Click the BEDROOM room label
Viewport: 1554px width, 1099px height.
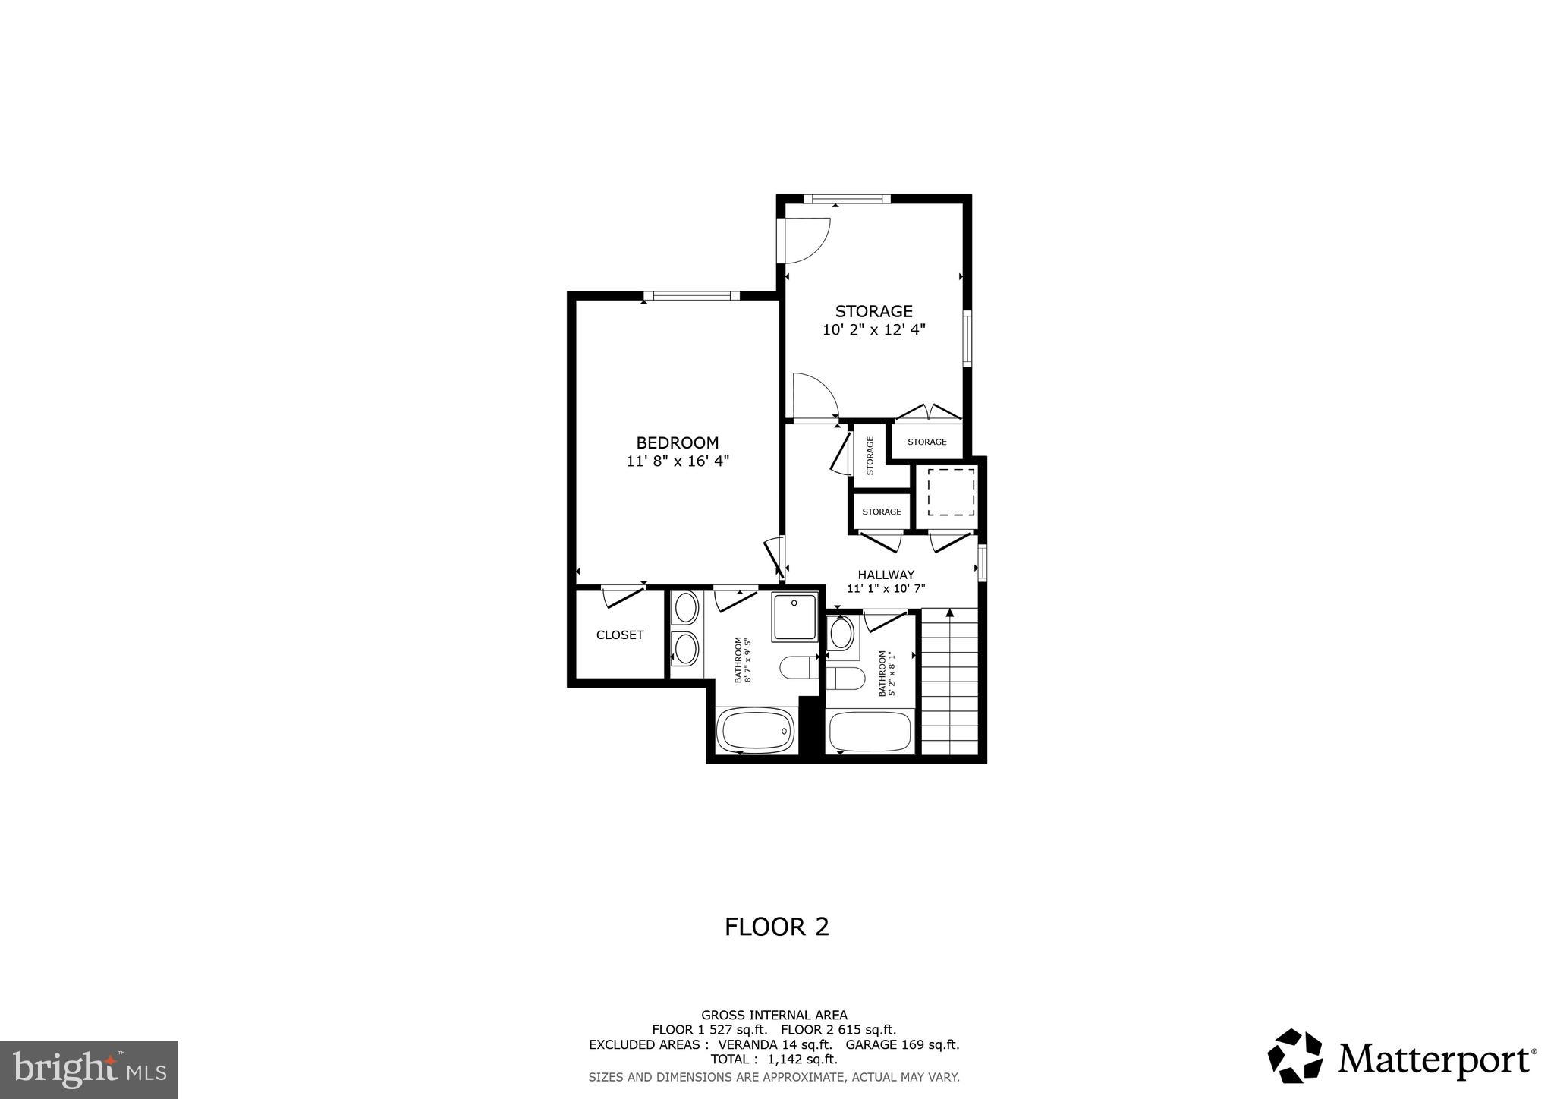677,442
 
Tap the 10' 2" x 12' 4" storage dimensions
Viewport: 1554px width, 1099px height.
874,330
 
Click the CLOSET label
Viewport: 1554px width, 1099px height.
620,635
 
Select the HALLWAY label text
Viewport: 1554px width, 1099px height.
886,575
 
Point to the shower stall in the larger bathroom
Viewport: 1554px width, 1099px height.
794,616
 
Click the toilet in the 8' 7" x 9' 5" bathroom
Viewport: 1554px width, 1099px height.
797,669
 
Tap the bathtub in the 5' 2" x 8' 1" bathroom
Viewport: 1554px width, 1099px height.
870,732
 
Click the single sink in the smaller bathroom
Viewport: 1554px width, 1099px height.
841,634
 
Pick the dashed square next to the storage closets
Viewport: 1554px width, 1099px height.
951,493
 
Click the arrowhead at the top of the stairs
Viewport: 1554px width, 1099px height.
950,612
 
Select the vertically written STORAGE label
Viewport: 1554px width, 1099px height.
870,455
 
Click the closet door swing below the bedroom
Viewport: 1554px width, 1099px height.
622,597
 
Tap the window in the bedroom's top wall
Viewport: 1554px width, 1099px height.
691,296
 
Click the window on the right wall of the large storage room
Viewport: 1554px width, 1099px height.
967,339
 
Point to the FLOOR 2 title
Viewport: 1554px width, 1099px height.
776,927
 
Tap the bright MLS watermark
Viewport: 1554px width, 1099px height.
89,1070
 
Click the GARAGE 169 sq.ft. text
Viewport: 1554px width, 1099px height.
902,1044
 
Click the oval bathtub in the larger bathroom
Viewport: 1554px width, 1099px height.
756,731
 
